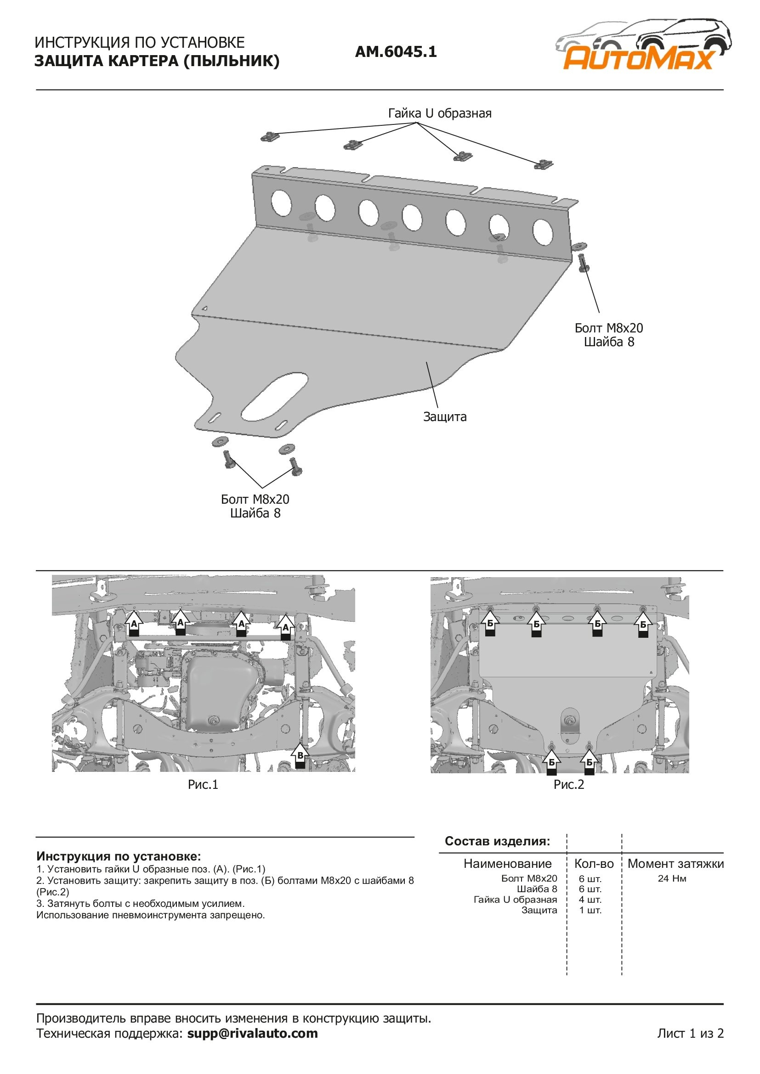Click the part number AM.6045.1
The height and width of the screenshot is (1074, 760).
(396, 51)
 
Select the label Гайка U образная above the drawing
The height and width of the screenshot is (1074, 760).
(439, 113)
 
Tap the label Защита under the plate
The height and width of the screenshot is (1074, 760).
(445, 416)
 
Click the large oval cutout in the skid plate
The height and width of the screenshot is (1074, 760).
(274, 396)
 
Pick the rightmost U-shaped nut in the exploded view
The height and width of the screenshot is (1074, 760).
(543, 164)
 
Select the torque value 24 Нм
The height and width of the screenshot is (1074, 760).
(672, 878)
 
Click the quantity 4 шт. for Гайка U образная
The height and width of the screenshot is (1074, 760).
(590, 900)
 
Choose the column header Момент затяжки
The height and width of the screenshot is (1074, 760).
(675, 864)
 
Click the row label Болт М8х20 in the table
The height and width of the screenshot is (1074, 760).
(529, 878)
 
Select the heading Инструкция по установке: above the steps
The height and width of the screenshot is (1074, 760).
(119, 856)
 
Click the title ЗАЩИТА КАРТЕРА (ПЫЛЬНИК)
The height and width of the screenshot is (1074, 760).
(157, 61)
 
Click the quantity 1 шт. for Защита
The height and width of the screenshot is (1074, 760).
(590, 910)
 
